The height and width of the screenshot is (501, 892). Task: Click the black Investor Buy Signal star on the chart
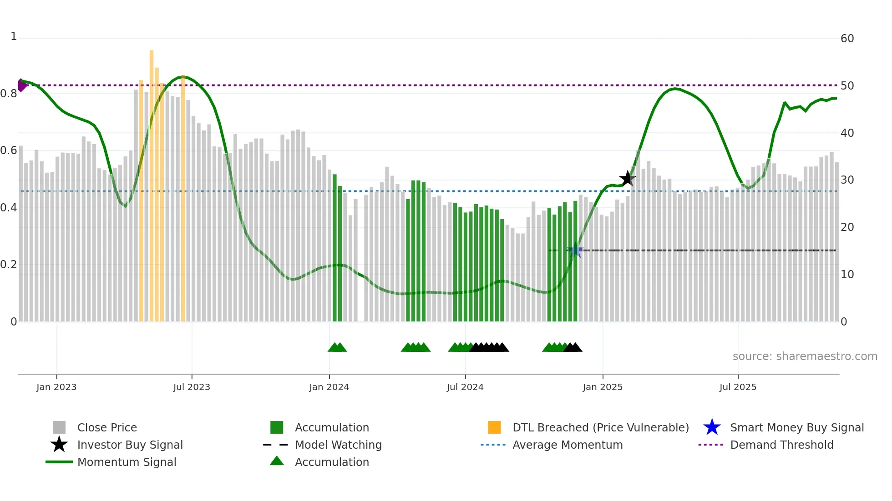point(627,179)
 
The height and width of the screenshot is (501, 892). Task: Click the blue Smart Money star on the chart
point(575,250)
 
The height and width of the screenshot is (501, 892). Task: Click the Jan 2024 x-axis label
point(329,387)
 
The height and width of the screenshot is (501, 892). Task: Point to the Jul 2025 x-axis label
point(738,387)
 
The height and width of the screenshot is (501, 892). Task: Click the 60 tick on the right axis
point(847,39)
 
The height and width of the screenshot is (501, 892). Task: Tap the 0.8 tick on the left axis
point(9,94)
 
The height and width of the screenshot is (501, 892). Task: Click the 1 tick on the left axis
point(14,36)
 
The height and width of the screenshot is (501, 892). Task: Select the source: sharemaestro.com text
point(805,356)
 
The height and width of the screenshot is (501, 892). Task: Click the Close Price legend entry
point(107,427)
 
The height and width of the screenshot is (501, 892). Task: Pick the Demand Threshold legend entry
point(781,445)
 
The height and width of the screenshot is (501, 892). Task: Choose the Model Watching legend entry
point(338,445)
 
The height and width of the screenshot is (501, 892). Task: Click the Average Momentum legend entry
point(568,445)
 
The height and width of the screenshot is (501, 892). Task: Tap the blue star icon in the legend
point(712,427)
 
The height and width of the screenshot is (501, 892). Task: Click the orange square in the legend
point(494,427)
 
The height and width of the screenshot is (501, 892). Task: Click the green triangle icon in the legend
point(277,461)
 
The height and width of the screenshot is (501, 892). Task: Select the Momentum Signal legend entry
point(127,462)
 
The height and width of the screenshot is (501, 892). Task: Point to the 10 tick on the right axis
point(847,275)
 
